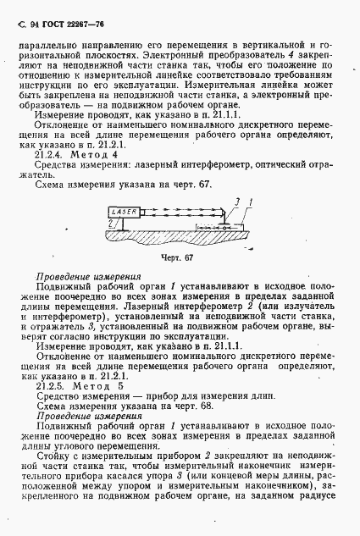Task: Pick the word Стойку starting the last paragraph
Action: [x=52, y=453]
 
